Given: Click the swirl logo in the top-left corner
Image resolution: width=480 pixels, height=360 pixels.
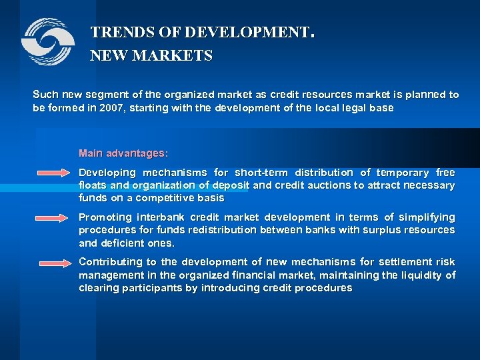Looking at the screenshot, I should click(x=47, y=41).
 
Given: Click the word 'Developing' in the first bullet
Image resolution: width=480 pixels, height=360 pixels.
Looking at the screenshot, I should click(x=107, y=173).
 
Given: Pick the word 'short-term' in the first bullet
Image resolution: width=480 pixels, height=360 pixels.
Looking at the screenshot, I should click(x=262, y=173).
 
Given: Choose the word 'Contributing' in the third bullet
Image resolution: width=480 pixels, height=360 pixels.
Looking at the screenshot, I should click(x=110, y=262).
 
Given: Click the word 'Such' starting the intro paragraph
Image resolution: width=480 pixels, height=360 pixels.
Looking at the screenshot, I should click(x=44, y=95).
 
